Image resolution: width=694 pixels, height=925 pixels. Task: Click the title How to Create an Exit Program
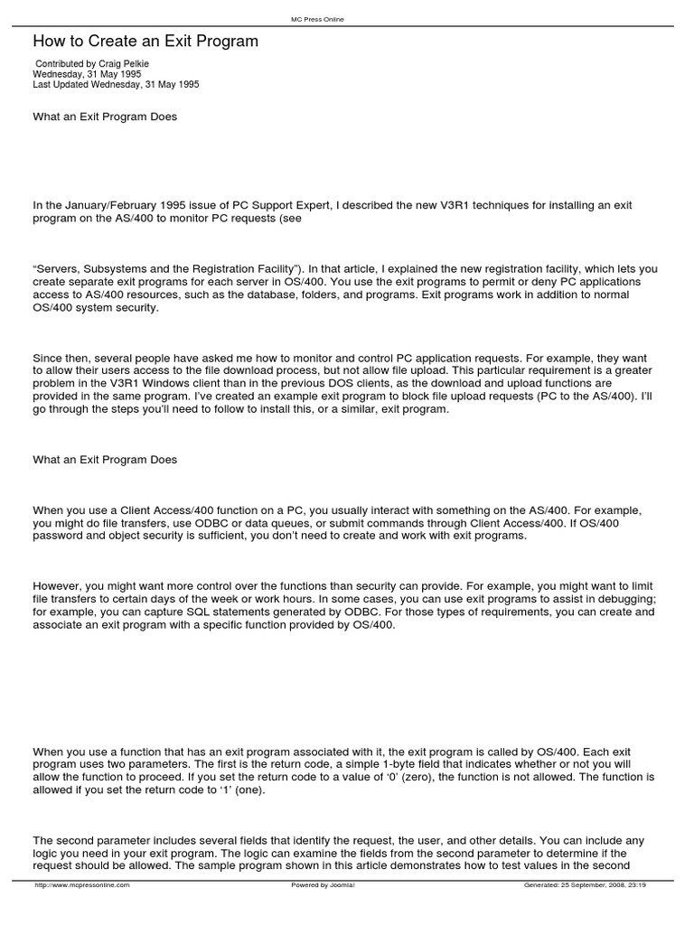tap(145, 42)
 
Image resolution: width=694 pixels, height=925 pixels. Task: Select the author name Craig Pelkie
tap(127, 64)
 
